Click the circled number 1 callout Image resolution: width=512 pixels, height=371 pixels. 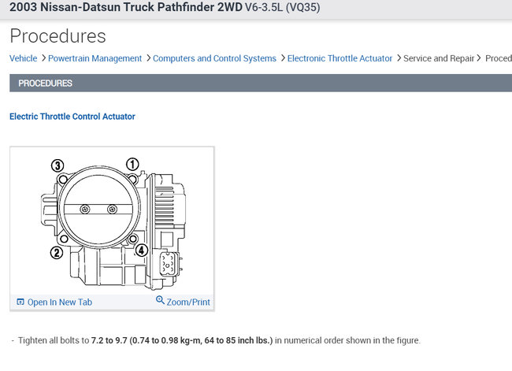tap(132, 165)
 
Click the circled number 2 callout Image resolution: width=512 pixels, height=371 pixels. tap(57, 252)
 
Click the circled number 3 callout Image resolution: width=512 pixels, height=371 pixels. tap(58, 165)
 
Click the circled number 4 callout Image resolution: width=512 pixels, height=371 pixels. tap(141, 250)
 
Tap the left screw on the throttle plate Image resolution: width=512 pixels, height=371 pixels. tap(85, 209)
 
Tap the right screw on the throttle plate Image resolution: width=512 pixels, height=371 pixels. tap(112, 209)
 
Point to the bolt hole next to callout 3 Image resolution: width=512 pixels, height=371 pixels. tap(63, 179)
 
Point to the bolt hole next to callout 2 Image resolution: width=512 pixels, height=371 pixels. tap(64, 239)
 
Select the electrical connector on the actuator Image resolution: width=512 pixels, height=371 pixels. tap(169, 265)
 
